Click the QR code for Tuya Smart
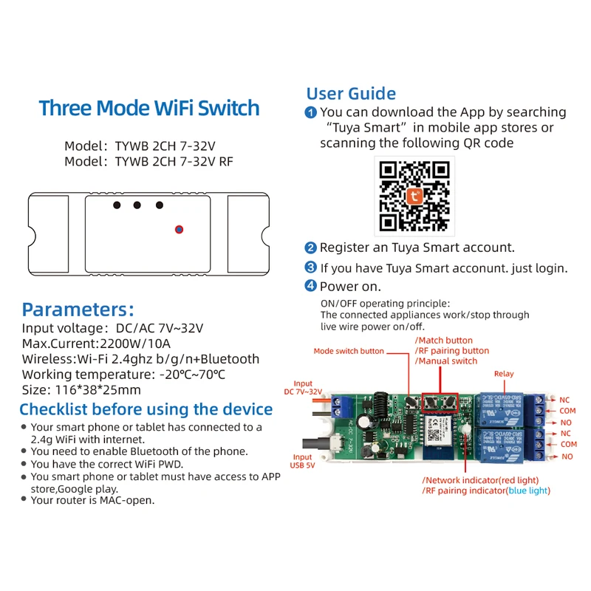[414, 194]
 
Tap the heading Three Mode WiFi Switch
[149, 109]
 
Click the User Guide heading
[351, 94]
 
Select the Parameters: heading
[78, 309]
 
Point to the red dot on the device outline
[179, 230]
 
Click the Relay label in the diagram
[504, 374]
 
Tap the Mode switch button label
[349, 351]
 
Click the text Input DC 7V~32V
[303, 388]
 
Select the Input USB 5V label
[303, 462]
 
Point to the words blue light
[528, 491]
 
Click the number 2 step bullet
[312, 248]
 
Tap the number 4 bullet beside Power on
[312, 286]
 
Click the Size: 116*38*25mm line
[81, 390]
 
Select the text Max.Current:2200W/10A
[96, 344]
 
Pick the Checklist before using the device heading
[146, 409]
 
